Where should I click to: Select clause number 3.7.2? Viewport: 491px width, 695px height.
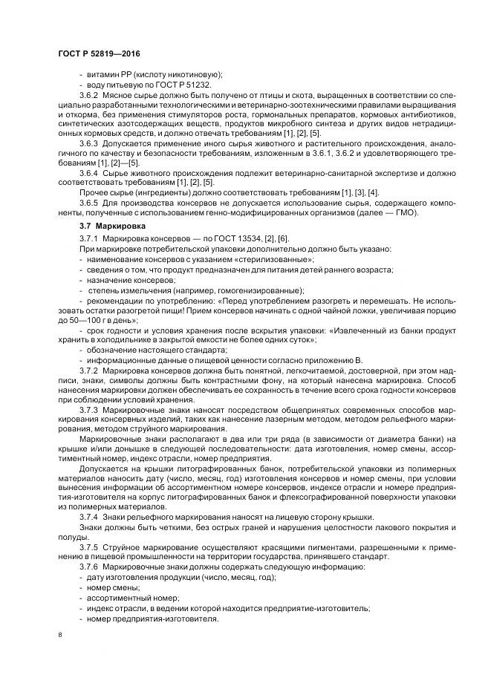(89, 369)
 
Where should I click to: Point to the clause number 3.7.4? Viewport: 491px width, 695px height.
(89, 516)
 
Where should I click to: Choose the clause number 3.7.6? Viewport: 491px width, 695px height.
(89, 567)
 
